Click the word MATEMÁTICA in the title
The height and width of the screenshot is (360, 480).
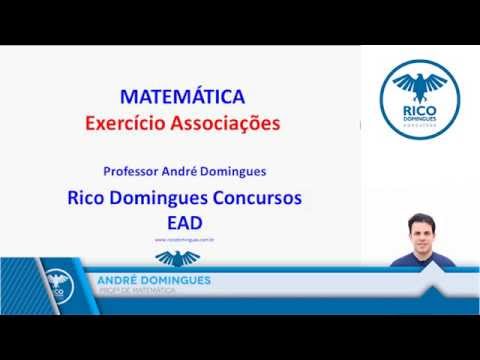pyautogui.click(x=182, y=98)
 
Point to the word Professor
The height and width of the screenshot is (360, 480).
pyautogui.click(x=134, y=170)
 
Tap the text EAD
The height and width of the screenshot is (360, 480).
pyautogui.click(x=185, y=220)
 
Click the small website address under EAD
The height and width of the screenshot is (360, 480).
pyautogui.click(x=186, y=240)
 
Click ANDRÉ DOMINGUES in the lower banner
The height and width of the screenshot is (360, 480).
pyautogui.click(x=154, y=281)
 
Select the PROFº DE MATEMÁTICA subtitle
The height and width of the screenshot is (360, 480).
pyautogui.click(x=136, y=291)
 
